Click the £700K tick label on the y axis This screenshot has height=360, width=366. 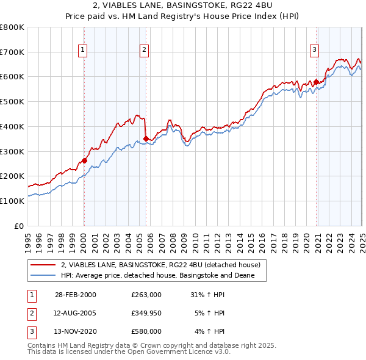(12, 52)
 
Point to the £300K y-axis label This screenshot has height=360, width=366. (12, 151)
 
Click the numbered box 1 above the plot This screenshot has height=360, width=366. (82, 51)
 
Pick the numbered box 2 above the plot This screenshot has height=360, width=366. (144, 51)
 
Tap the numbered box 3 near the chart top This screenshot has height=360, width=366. (314, 51)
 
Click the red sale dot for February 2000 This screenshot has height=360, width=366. (84, 160)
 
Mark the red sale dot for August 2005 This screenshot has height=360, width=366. (146, 139)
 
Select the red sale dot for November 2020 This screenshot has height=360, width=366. (316, 82)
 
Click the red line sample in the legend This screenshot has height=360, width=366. (43, 265)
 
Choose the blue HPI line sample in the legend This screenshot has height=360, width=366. (43, 276)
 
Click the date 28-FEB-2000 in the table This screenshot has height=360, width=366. (75, 295)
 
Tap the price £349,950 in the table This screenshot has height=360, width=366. (146, 313)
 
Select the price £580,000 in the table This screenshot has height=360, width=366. (146, 331)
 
